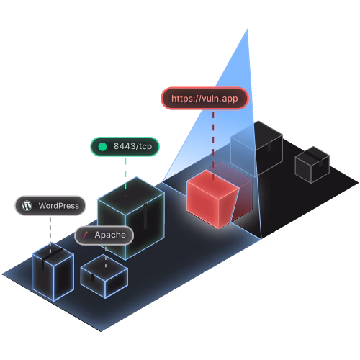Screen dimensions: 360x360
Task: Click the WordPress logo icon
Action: click(27, 206)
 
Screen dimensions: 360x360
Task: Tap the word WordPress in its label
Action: click(59, 206)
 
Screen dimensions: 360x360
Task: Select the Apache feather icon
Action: click(86, 235)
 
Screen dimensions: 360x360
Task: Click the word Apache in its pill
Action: click(110, 235)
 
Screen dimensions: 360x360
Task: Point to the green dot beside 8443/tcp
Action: click(102, 147)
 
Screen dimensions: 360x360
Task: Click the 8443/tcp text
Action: click(132, 146)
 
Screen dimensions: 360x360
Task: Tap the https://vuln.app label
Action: click(204, 99)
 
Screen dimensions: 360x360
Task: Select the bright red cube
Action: click(212, 199)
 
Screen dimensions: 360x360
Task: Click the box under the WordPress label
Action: click(53, 272)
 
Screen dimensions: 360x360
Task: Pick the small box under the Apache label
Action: click(104, 276)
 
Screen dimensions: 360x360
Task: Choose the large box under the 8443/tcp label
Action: click(131, 218)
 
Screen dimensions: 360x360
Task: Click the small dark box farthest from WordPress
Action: click(312, 165)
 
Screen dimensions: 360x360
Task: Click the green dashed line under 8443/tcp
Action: click(125, 174)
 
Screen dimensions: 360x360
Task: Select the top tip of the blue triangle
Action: click(247, 29)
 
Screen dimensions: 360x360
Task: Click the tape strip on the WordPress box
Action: click(49, 257)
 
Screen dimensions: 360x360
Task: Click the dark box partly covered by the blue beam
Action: click(257, 149)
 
